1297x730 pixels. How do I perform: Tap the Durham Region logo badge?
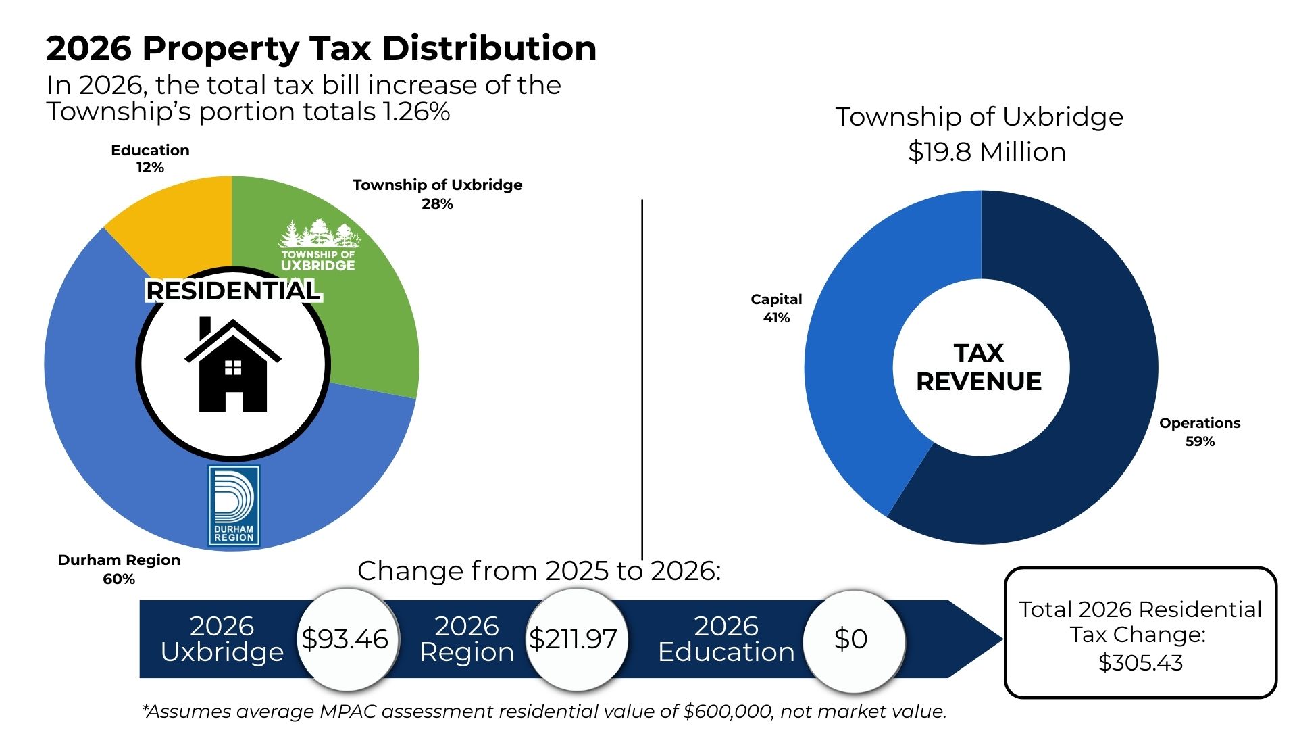234,506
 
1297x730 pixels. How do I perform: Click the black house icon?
233,365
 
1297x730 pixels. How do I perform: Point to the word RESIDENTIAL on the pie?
233,291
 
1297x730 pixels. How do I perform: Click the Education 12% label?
150,159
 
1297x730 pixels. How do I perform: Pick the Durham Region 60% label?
119,569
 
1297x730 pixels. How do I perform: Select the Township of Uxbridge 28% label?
437,194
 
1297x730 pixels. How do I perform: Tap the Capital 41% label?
776,308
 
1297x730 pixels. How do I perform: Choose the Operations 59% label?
1200,432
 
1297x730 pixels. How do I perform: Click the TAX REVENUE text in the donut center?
979,367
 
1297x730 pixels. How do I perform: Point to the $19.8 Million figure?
986,152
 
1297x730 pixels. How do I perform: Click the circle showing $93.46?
345,639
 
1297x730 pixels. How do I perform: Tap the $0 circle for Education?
851,639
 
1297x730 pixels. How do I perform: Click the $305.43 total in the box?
1140,663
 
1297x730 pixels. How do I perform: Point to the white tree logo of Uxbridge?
319,234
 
